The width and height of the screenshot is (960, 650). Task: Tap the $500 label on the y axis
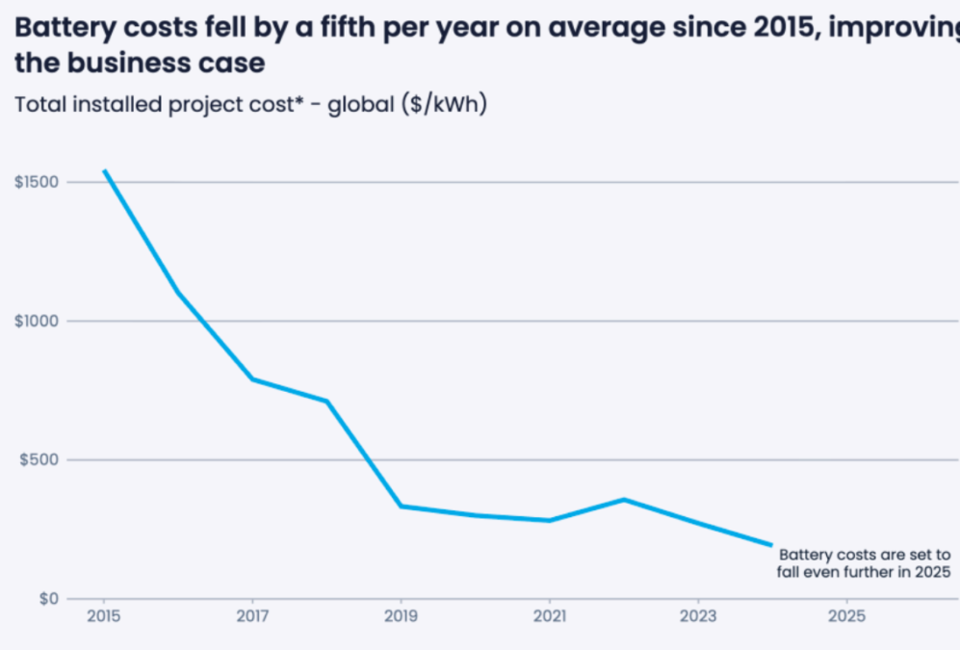point(39,460)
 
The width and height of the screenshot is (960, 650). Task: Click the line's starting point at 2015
point(105,171)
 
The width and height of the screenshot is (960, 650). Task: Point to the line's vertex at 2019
point(401,506)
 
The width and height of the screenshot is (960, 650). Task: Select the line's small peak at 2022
point(624,499)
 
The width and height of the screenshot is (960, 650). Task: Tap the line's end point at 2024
point(770,545)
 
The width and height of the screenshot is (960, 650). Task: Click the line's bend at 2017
point(253,379)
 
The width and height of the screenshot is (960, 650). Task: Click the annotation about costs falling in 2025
point(864,563)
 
